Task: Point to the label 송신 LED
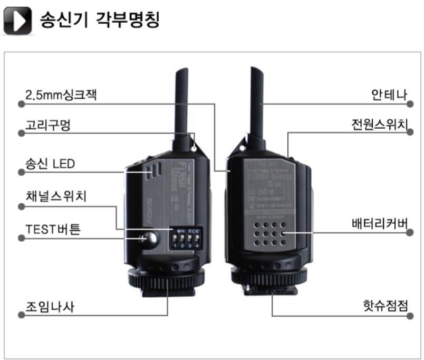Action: [50, 163]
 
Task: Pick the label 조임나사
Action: [50, 306]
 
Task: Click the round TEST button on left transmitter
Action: [149, 238]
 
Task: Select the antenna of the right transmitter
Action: [258, 100]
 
